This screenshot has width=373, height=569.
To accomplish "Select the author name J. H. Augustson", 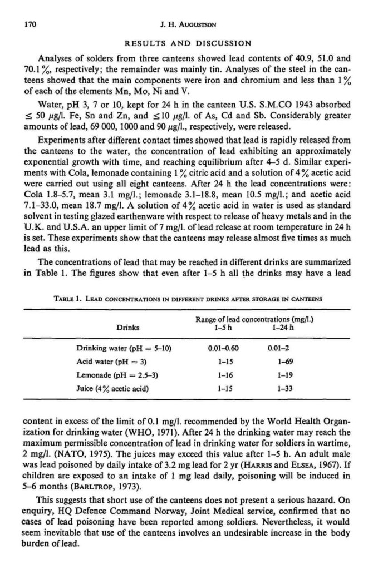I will coord(186,8).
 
